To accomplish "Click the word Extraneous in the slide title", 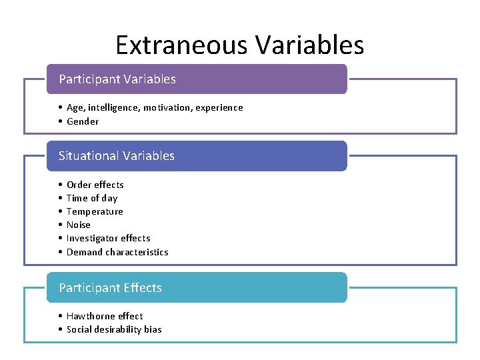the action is click(x=181, y=45).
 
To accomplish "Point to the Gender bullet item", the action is click(x=83, y=121).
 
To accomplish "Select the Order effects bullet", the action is click(x=95, y=185).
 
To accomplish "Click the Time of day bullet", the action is click(x=92, y=198).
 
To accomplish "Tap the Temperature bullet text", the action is click(x=95, y=211).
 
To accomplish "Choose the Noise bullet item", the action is click(x=79, y=225).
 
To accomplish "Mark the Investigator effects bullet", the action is click(x=108, y=238).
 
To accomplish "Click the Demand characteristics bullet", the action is click(x=117, y=252).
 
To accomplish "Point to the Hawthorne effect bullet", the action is click(x=105, y=316).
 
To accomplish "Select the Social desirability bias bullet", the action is click(x=114, y=329).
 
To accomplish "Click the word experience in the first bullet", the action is click(x=219, y=107).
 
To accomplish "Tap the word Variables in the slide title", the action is click(x=309, y=45).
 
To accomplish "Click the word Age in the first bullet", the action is click(x=75, y=107).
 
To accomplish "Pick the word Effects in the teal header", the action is click(x=143, y=288).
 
